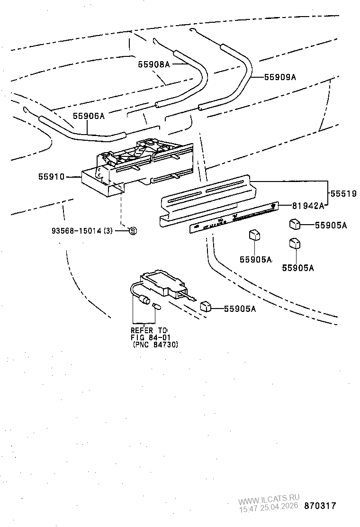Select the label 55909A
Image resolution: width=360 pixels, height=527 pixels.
click(279, 77)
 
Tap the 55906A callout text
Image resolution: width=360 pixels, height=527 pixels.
click(88, 116)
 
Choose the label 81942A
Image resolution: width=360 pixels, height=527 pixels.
click(308, 206)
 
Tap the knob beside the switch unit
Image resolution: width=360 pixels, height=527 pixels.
click(205, 305)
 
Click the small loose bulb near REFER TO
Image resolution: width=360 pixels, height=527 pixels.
click(157, 307)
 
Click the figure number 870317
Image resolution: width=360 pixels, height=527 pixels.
click(320, 506)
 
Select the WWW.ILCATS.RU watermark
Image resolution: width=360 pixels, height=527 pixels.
click(269, 499)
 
